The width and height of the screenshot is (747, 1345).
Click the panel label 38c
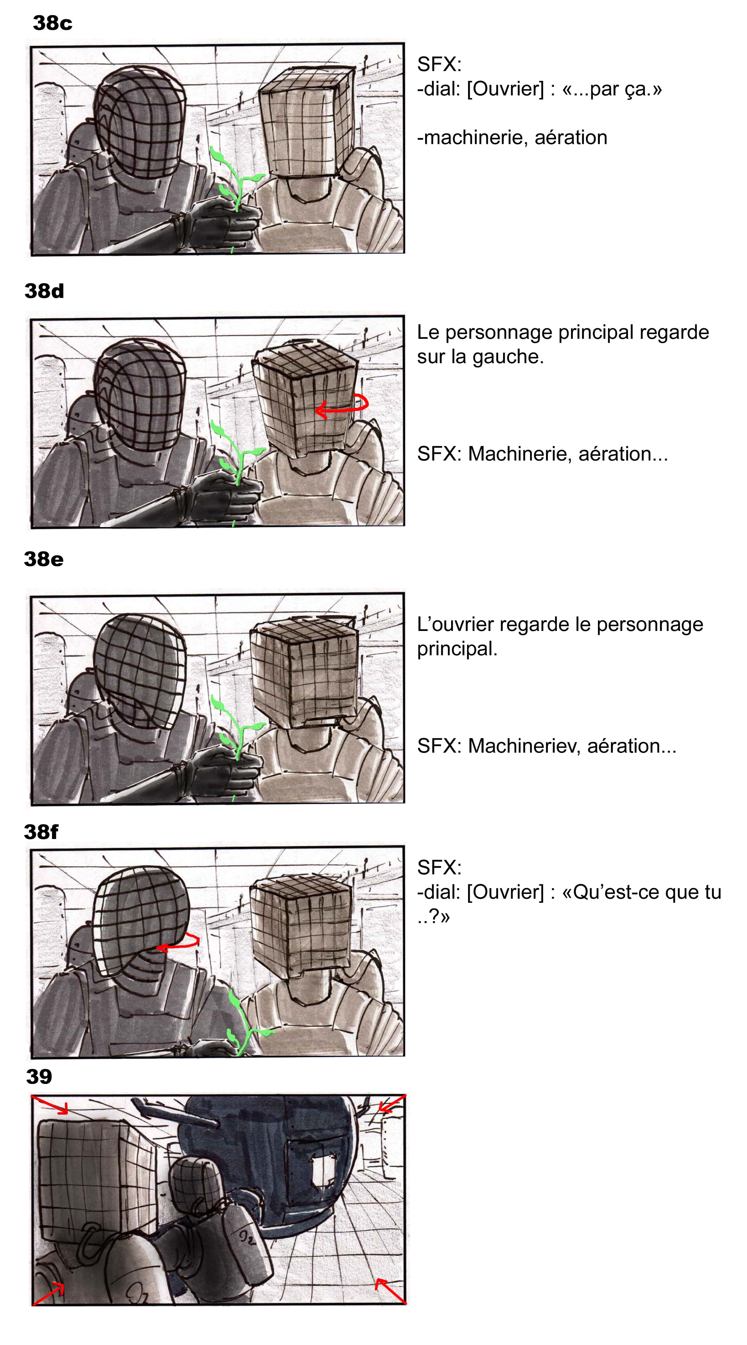(52, 23)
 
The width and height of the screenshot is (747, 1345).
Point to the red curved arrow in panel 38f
(178, 943)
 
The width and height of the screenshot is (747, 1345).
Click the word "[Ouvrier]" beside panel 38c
(505, 89)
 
